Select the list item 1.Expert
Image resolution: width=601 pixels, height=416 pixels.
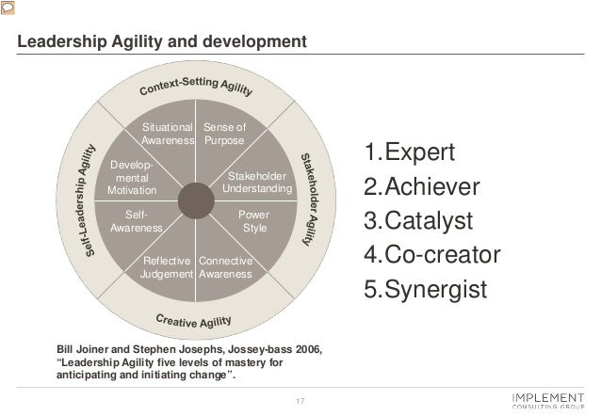tap(410, 152)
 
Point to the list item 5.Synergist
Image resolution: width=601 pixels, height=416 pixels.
tap(426, 289)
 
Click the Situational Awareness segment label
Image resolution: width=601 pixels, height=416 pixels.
tap(168, 134)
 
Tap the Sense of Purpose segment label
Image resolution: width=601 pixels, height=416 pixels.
tap(224, 134)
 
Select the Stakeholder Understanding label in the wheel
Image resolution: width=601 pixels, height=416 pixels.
tap(257, 183)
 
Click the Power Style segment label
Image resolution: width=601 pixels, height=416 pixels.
tap(254, 222)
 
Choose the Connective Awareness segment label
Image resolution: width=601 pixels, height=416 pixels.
tap(225, 267)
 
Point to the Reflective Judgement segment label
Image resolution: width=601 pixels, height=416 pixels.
tap(168, 267)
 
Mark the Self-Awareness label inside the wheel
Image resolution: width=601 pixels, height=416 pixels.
tap(136, 222)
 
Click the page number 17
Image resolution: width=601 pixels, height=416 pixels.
tap(300, 404)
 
